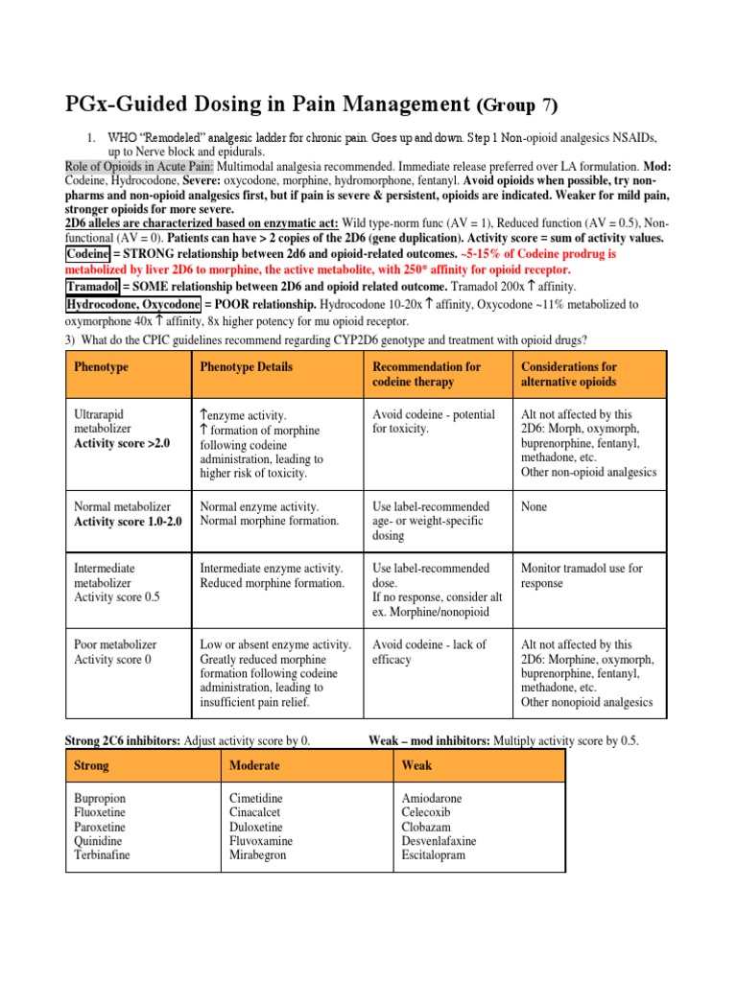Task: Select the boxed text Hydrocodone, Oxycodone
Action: click(132, 304)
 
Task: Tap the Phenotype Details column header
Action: click(247, 366)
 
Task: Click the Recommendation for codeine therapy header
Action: click(427, 374)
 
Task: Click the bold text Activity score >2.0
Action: click(122, 444)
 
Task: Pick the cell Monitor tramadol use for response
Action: click(582, 575)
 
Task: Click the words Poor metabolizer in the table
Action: click(115, 644)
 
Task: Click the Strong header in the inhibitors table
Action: click(91, 765)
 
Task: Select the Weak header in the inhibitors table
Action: click(416, 765)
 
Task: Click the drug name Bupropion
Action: click(99, 798)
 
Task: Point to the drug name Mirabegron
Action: click(257, 855)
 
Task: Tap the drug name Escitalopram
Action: click(433, 855)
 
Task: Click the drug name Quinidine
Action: click(97, 841)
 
